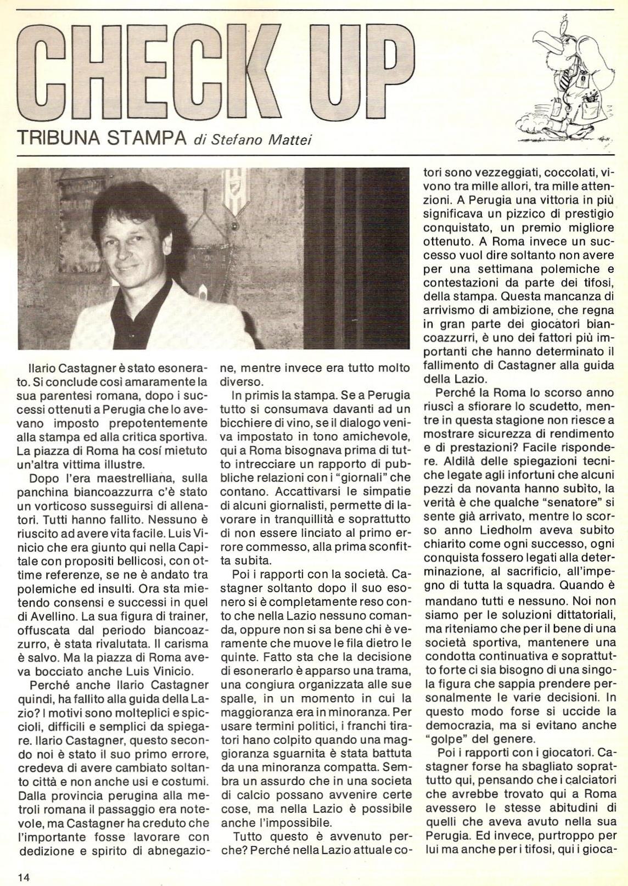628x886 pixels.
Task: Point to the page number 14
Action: click(x=23, y=876)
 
